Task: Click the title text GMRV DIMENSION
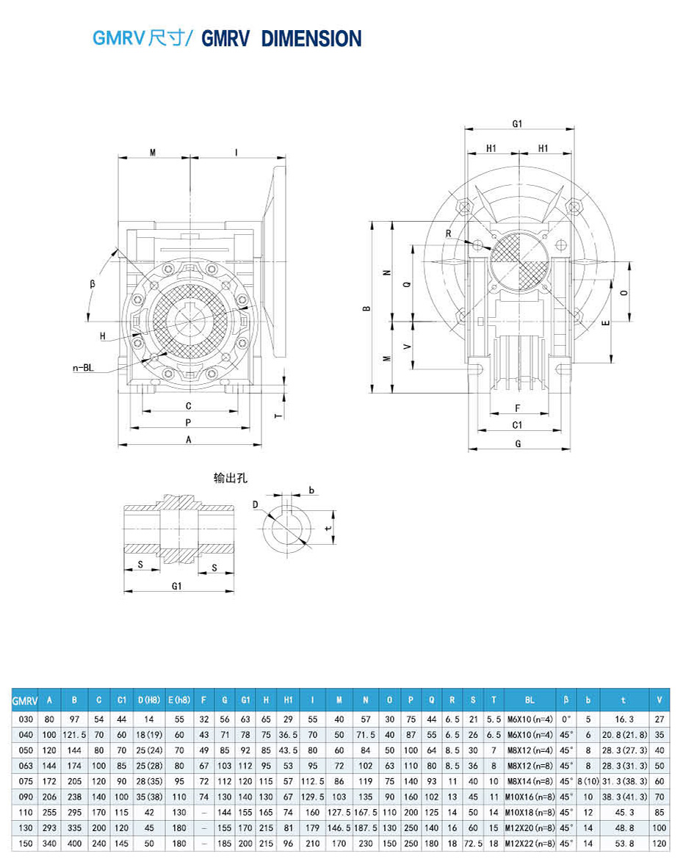(x=281, y=38)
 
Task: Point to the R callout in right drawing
(x=448, y=233)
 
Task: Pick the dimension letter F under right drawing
(x=517, y=407)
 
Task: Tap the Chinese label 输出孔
(x=230, y=477)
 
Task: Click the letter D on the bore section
(x=256, y=505)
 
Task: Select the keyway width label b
(x=311, y=490)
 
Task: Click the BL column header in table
(x=530, y=700)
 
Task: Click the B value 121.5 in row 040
(x=73, y=735)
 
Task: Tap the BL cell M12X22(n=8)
(x=530, y=844)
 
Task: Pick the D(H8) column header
(x=148, y=700)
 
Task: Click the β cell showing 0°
(x=565, y=720)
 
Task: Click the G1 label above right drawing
(x=517, y=124)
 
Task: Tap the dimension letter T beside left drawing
(x=278, y=415)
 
